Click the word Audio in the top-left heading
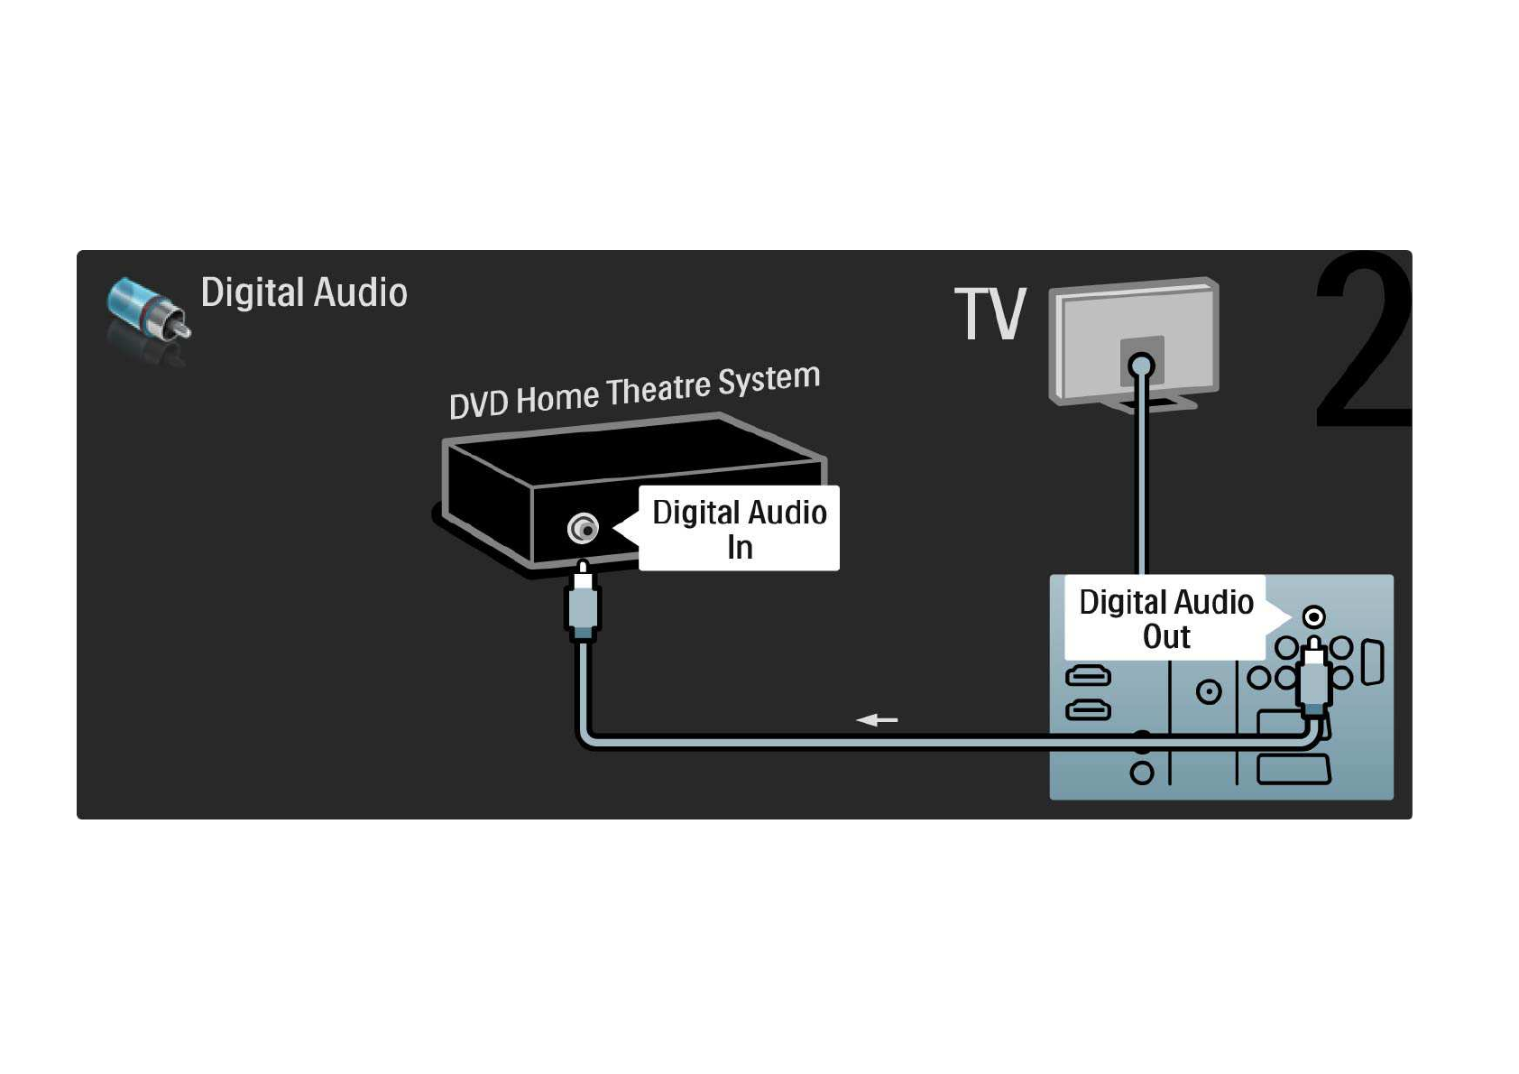point(360,293)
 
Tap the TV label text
point(990,314)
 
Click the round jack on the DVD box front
point(583,528)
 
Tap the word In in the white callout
point(740,548)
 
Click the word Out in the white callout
point(1166,637)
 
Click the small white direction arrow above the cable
point(877,720)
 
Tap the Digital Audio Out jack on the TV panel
point(1314,617)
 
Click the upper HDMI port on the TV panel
point(1089,675)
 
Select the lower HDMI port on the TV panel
point(1089,711)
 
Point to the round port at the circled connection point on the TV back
point(1142,366)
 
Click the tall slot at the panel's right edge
point(1372,662)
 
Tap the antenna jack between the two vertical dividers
point(1209,692)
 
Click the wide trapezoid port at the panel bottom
point(1293,772)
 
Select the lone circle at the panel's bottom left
point(1142,773)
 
